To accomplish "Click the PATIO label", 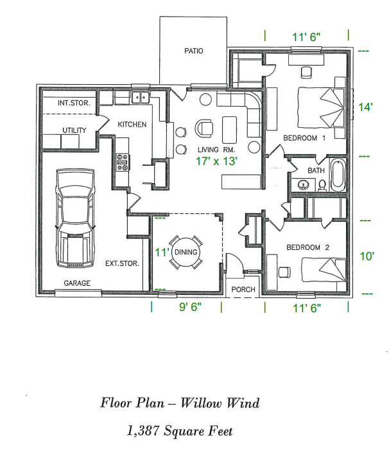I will (193, 51).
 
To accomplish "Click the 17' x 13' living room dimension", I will (217, 162).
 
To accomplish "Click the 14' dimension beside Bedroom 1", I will (365, 107).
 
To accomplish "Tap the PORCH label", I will (243, 290).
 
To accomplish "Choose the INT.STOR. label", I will (73, 103).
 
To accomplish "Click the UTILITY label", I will (74, 130).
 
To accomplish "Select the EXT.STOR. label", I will (122, 263).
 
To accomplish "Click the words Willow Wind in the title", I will (220, 403).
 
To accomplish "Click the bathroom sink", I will (304, 185).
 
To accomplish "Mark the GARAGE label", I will (76, 283).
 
